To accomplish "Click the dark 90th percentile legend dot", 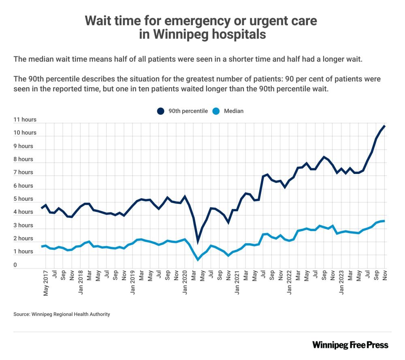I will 160,111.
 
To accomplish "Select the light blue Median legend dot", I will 216,111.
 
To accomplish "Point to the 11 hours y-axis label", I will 25,120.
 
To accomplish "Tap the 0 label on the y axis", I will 15,265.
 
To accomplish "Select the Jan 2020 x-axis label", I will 185,283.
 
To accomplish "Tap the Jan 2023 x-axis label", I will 342,283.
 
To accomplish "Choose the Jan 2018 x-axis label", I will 81,283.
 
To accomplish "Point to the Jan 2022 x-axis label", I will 290,283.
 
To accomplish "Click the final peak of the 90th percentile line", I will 384,126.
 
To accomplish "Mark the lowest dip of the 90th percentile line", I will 198,242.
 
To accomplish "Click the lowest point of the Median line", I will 198,259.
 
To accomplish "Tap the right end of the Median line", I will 384,221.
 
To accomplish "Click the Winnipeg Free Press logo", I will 350,345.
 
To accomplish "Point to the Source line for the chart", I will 62,314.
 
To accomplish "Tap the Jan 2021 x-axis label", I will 237,283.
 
